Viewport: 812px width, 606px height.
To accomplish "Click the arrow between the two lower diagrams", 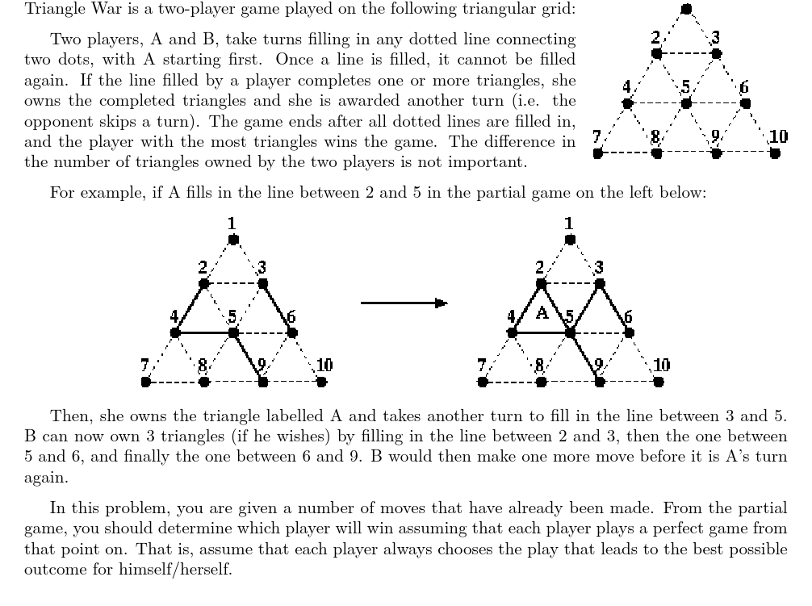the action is [404, 303].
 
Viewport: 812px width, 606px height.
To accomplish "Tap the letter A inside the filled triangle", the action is [542, 312].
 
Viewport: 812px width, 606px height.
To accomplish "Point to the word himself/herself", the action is [175, 569].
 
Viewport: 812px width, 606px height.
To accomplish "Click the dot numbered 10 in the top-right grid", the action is [775, 153].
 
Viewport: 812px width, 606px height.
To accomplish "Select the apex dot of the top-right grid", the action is [686, 9].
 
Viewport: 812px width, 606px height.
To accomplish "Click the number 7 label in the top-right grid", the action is [596, 136].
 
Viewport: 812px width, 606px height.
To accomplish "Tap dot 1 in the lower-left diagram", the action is [233, 240].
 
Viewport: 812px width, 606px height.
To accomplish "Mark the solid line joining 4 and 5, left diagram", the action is [204, 332].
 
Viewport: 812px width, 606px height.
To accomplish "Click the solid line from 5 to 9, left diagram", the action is [248, 357].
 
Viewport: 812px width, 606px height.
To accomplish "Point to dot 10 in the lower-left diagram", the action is [321, 382].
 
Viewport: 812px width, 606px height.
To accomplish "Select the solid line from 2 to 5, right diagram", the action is [555, 308].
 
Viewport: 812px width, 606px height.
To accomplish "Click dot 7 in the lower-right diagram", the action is [482, 382].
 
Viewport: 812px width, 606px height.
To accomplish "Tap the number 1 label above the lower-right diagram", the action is [568, 224].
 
